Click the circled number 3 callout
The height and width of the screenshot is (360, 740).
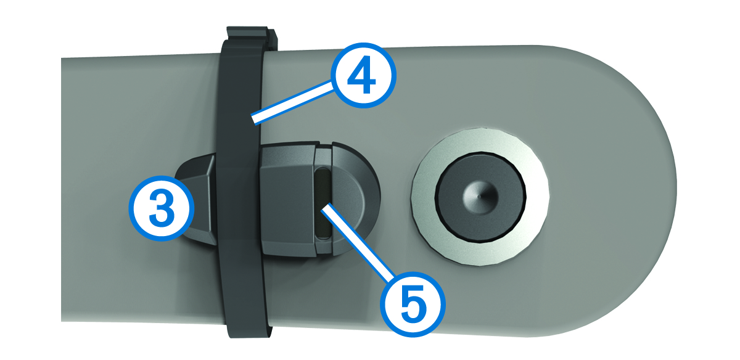[x=161, y=208]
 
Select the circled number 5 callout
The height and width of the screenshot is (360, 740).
[x=413, y=304]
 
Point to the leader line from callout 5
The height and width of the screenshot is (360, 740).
[x=358, y=243]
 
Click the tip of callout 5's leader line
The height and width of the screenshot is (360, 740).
[x=324, y=208]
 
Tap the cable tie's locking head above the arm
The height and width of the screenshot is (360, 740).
[x=252, y=39]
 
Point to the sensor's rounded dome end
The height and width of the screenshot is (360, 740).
[x=355, y=198]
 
